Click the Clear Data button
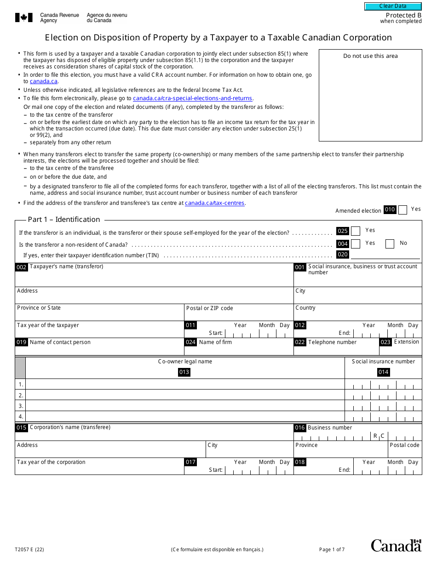point(393,6)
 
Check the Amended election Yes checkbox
point(402,210)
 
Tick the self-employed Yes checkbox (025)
point(356,231)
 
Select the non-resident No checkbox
point(390,244)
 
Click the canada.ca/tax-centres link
point(214,203)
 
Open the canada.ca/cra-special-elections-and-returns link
point(193,98)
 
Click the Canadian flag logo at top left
point(24,18)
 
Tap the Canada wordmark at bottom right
point(396,545)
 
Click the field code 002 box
point(22,267)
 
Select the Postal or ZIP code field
point(238,315)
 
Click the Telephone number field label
point(332,342)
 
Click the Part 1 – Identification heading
point(64,220)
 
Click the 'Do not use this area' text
point(370,56)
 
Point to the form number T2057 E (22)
point(29,549)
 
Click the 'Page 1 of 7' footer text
point(332,549)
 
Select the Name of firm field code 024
point(190,342)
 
